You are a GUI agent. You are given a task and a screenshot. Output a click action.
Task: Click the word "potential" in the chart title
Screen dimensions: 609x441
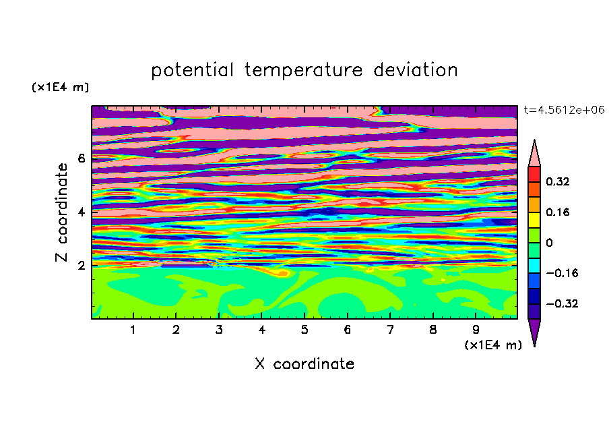tap(192, 71)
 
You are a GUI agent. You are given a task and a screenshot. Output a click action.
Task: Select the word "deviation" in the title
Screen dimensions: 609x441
tap(415, 70)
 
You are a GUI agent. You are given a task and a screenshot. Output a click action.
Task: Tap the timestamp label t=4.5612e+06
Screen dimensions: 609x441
tap(564, 110)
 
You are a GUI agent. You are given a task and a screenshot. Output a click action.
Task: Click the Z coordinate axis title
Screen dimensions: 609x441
tap(62, 212)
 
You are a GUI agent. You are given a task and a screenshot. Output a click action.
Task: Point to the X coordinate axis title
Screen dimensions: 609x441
tap(304, 363)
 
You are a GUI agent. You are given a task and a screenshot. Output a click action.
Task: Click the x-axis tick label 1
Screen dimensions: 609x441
tap(133, 330)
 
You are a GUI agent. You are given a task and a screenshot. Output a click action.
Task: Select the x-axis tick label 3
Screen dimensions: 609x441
tap(219, 330)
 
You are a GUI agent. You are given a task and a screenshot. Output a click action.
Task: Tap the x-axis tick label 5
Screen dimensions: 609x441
tap(304, 330)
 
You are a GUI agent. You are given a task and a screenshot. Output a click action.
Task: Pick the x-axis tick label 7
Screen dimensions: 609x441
tap(390, 330)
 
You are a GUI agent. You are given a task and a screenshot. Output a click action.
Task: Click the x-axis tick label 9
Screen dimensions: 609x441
tap(476, 330)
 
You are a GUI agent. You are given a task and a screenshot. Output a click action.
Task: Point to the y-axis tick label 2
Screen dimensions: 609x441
tap(81, 265)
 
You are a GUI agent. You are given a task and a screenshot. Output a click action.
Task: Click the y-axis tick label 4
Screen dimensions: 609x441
tap(81, 212)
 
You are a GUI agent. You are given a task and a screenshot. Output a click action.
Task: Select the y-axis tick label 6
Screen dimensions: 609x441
tap(81, 158)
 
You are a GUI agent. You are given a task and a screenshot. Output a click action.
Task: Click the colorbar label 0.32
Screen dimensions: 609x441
tap(557, 181)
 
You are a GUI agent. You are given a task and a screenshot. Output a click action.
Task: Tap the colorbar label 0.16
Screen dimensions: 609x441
tap(557, 212)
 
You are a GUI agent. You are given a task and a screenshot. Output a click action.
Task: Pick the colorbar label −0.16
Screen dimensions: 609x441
tap(562, 273)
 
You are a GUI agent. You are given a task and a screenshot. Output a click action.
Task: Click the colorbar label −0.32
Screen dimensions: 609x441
tap(562, 303)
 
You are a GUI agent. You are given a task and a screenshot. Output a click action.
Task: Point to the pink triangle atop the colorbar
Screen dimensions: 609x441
tap(534, 156)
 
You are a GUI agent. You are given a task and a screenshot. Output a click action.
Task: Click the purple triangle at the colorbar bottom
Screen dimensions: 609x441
tap(534, 330)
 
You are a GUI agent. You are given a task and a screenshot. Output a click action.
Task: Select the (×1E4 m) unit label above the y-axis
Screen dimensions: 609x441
tap(60, 87)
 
